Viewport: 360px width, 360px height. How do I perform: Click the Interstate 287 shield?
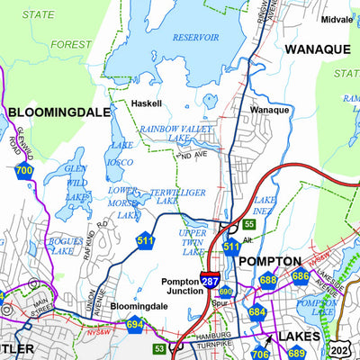209,281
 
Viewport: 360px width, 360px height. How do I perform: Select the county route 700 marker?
24,169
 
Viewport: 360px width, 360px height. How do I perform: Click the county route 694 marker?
135,324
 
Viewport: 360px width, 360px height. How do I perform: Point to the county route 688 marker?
267,280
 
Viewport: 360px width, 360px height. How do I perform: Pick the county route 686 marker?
300,276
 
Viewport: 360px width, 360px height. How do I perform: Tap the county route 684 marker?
257,312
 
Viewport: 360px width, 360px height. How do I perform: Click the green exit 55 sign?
249,223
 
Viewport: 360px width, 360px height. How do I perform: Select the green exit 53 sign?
158,348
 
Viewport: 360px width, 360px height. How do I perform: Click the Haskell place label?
147,103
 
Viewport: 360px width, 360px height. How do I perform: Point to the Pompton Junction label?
185,286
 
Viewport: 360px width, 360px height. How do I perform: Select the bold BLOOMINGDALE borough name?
58,112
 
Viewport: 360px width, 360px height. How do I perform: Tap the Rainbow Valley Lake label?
177,133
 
